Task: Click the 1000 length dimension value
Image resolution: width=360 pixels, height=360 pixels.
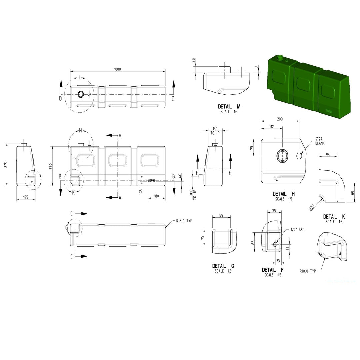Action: (x=117, y=69)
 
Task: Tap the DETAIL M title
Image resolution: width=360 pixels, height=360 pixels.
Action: (x=229, y=107)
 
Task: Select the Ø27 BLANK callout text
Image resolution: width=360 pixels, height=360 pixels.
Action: (x=320, y=141)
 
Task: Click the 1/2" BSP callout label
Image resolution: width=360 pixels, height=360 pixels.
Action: (x=297, y=230)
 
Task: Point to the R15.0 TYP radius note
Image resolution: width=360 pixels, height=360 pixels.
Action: (x=184, y=221)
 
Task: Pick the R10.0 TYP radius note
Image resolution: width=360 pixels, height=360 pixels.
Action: (x=308, y=271)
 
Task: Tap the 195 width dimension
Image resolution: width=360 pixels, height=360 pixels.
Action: (x=25, y=197)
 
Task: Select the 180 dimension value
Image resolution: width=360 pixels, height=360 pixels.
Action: (x=156, y=196)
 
